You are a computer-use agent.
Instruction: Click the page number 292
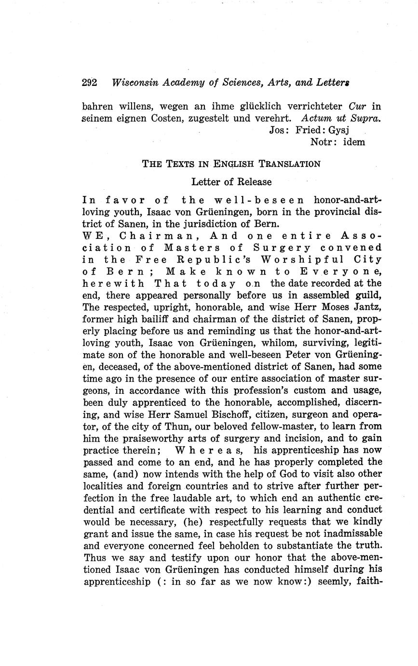pyautogui.click(x=90, y=83)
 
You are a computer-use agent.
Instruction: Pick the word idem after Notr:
pyautogui.click(x=354, y=142)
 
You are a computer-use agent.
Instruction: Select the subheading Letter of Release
pyautogui.click(x=231, y=182)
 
